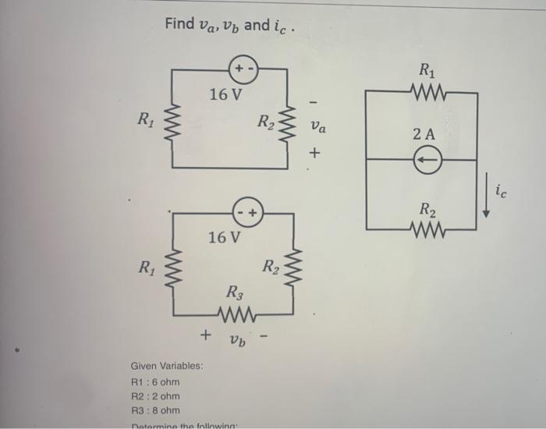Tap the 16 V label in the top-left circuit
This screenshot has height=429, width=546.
click(225, 95)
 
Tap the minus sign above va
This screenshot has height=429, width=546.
click(314, 101)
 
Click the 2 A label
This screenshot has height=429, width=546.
click(424, 134)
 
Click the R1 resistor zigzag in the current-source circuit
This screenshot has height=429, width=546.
click(427, 90)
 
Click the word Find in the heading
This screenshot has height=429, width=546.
click(179, 25)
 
